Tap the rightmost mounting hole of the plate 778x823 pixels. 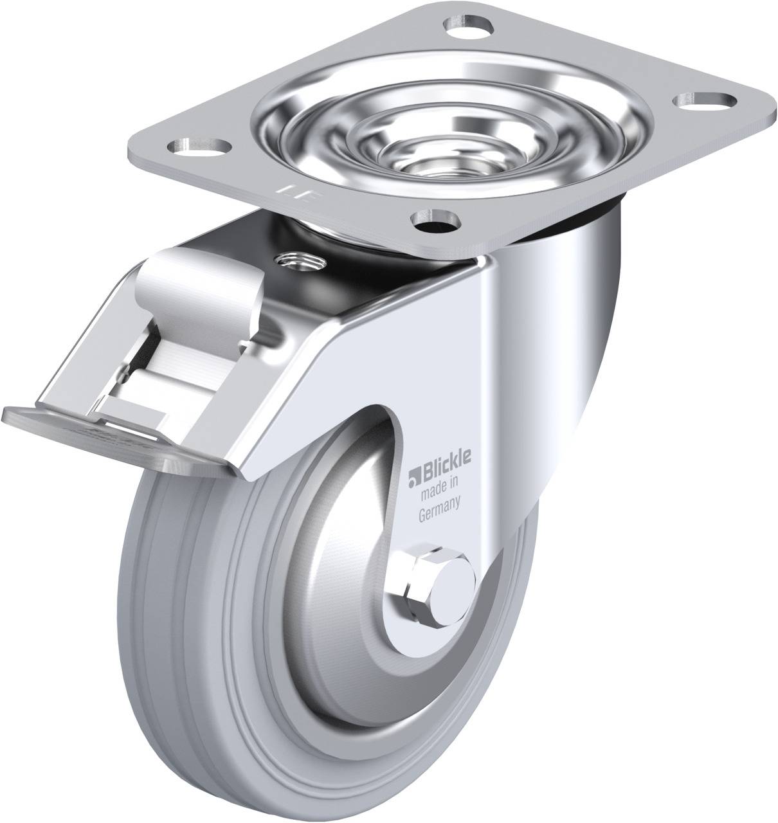707,100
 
